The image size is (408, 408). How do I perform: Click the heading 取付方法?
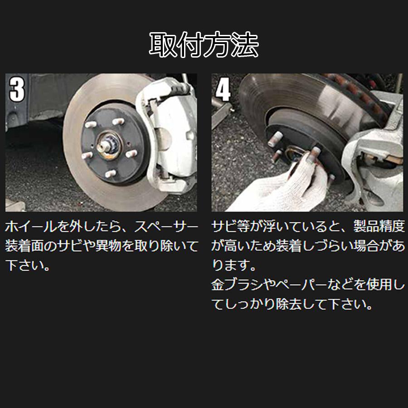point(204,45)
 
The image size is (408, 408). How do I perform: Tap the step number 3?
point(17,89)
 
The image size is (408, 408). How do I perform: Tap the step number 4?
point(223,89)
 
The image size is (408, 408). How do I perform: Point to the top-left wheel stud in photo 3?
point(90,124)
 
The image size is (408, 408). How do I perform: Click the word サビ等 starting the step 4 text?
point(229,227)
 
